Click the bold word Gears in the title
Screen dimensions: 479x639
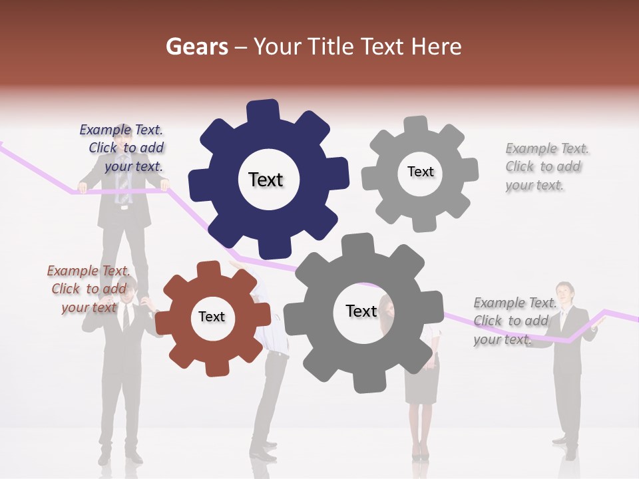click(196, 47)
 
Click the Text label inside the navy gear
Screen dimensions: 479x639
click(266, 180)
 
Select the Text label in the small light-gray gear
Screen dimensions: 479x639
click(420, 172)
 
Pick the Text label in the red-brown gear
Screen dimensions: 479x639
click(212, 317)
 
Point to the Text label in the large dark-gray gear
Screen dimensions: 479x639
click(361, 311)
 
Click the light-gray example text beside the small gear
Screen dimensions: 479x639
click(544, 166)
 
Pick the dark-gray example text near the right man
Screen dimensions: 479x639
click(513, 321)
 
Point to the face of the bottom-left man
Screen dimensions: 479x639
click(128, 291)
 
